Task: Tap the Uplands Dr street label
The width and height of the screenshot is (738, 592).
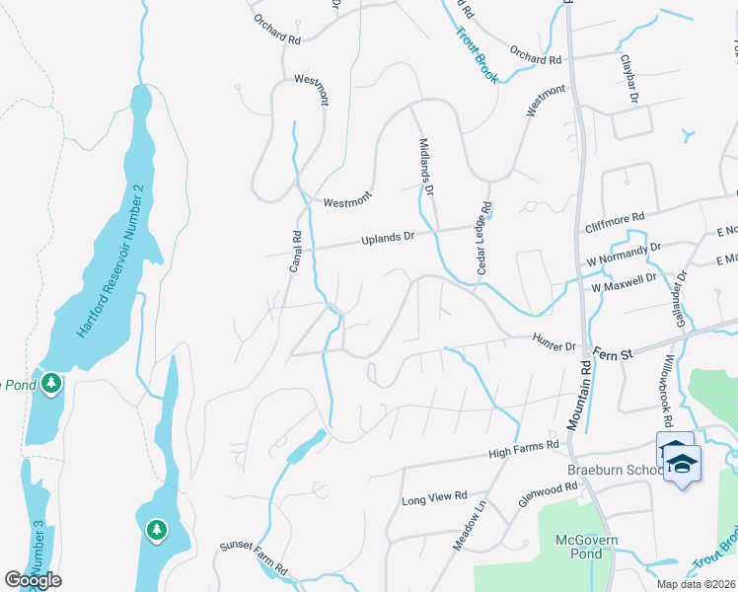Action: [391, 237]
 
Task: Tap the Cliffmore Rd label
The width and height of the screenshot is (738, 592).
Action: [614, 216]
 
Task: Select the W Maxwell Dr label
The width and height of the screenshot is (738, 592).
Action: [625, 282]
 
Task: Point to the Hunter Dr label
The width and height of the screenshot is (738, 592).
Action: [553, 346]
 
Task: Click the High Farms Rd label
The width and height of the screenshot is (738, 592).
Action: [524, 450]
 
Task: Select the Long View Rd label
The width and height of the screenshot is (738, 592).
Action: [434, 499]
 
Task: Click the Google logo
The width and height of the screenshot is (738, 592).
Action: [33, 579]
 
